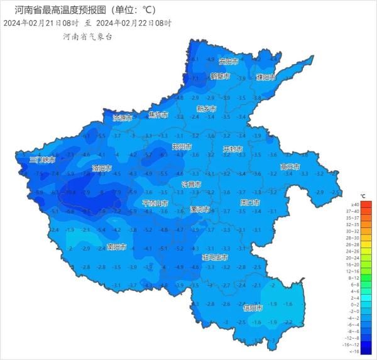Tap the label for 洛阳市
102,168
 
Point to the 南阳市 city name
117,246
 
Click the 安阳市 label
229,62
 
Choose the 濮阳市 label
266,77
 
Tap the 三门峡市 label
43,160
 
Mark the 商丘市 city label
290,166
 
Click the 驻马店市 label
215,257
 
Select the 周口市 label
250,202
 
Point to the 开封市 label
233,149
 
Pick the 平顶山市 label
155,203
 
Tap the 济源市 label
123,117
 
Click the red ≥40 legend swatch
367,204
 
